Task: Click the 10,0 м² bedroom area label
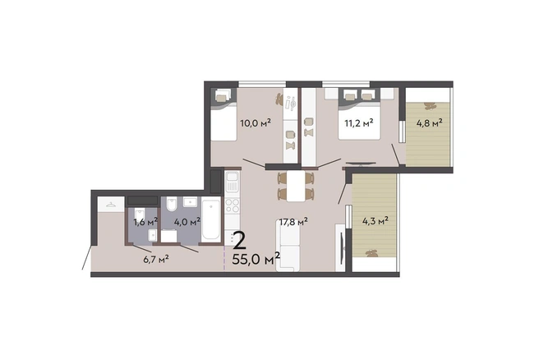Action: click(x=256, y=122)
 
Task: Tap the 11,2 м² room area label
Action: click(x=359, y=122)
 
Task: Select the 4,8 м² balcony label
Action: click(x=429, y=123)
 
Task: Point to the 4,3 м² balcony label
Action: click(x=375, y=221)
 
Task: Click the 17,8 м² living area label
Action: click(x=293, y=221)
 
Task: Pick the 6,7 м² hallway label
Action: click(x=156, y=259)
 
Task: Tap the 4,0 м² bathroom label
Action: click(x=187, y=222)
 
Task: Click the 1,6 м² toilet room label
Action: click(x=145, y=222)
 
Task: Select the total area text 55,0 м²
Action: click(x=256, y=259)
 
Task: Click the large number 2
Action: click(x=239, y=241)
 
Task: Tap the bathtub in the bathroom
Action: click(x=210, y=219)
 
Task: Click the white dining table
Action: click(x=296, y=186)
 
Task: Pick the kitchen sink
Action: click(x=232, y=181)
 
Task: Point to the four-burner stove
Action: click(x=232, y=205)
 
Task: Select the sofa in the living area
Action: click(x=288, y=246)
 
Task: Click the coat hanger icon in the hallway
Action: click(x=111, y=205)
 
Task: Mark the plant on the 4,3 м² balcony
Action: click(x=371, y=253)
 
